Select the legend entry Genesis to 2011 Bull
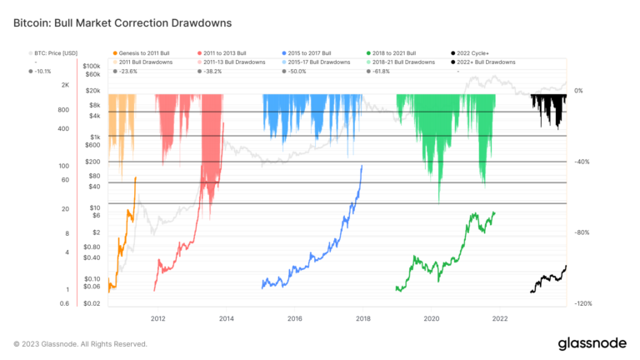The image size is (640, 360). (x=144, y=52)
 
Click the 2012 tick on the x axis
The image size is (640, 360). (x=157, y=318)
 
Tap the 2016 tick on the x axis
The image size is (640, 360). (x=294, y=318)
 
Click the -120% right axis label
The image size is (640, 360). (x=582, y=303)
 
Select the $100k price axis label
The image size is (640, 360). (x=92, y=65)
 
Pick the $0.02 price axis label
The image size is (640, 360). (x=92, y=303)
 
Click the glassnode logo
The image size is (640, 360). (x=592, y=343)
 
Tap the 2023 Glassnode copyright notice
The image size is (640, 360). (x=80, y=343)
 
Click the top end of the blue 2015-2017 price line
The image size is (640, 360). (x=362, y=166)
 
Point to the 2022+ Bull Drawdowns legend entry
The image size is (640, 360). (x=483, y=62)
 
